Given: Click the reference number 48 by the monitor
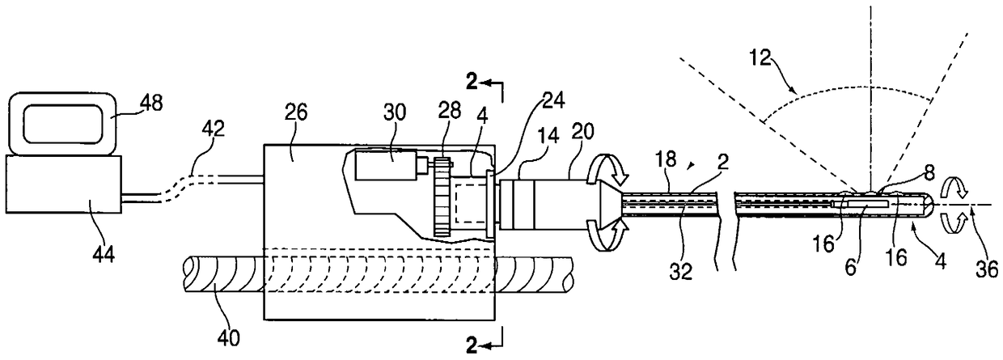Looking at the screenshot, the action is [152, 104].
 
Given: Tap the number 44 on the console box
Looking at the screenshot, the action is [104, 254].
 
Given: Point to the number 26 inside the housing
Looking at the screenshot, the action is [296, 112].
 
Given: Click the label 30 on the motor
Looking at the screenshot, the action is [394, 112].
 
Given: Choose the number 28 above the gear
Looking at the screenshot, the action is [449, 110].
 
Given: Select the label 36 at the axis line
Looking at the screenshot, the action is [987, 269].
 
